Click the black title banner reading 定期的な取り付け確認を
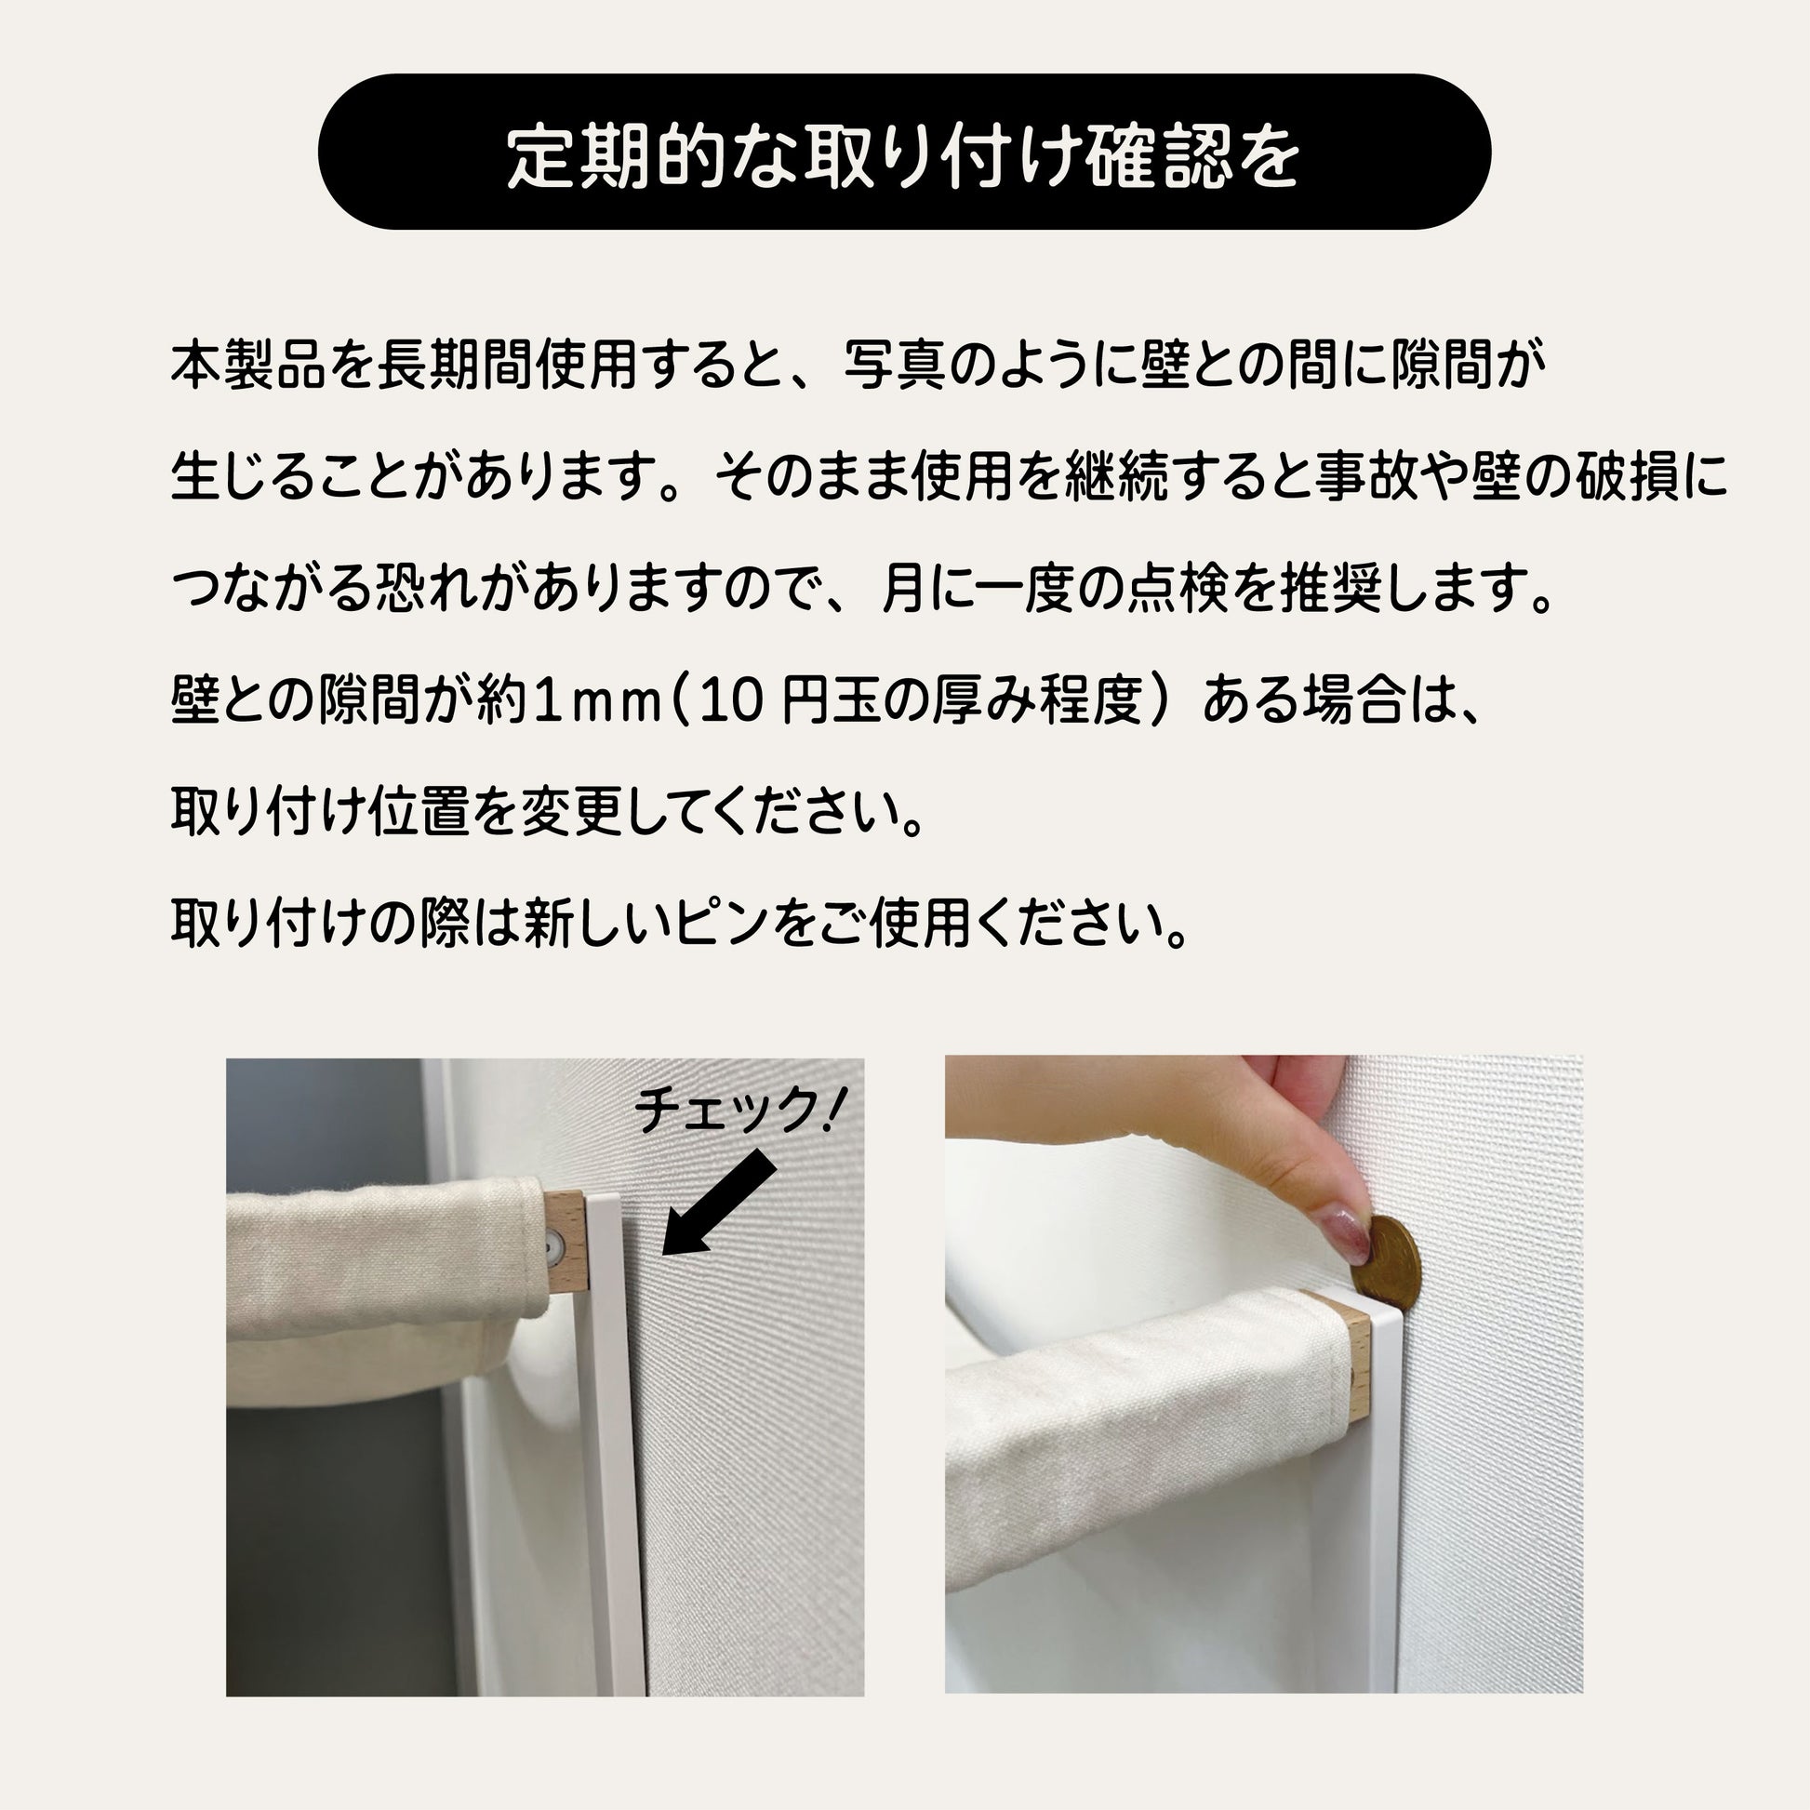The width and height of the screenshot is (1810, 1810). pos(904,152)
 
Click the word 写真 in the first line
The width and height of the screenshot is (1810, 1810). pos(895,366)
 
